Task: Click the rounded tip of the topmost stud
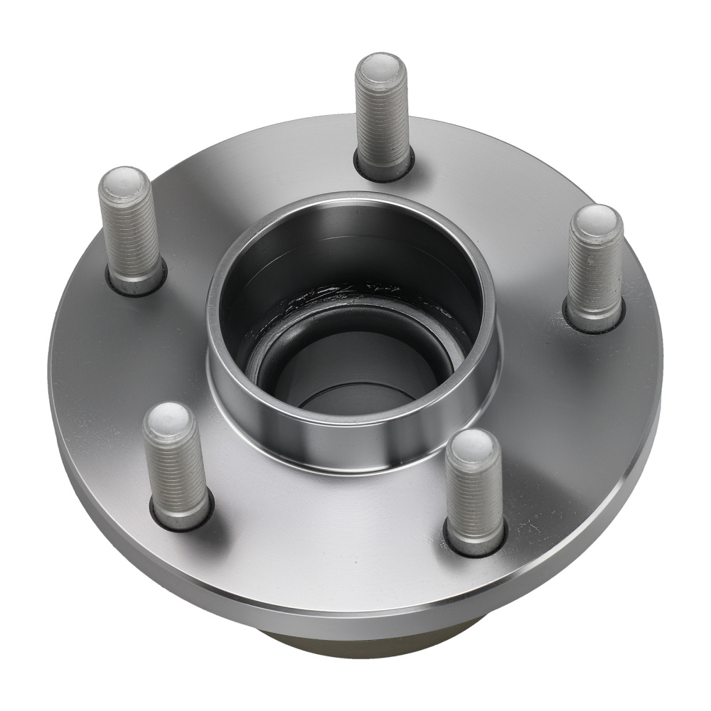(381, 68)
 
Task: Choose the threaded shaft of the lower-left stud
(176, 469)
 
